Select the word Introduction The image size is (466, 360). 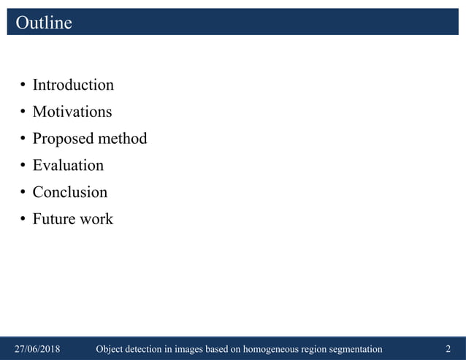click(73, 85)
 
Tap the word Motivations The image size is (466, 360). click(72, 112)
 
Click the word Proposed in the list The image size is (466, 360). click(58, 139)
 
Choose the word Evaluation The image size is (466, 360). click(68, 166)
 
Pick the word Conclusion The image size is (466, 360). click(69, 192)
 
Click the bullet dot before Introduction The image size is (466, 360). click(23, 86)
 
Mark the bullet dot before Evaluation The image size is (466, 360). click(23, 166)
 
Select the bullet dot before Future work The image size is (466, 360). click(23, 220)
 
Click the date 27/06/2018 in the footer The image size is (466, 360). click(38, 350)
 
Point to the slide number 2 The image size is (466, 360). click(448, 350)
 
